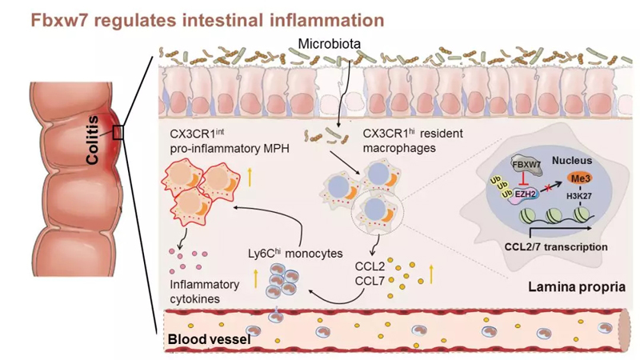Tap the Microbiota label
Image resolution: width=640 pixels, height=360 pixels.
coord(329,42)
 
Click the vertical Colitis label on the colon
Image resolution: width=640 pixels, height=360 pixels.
coord(94,138)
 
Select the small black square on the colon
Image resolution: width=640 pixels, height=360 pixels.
coord(118,132)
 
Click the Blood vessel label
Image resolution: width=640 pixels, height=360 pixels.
coord(209,341)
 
